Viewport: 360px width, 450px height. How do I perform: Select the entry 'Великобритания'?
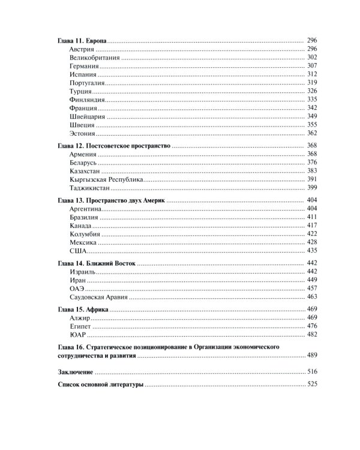(x=95, y=57)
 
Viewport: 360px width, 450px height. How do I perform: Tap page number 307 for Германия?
(x=311, y=65)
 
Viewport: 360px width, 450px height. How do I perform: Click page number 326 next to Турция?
(x=311, y=91)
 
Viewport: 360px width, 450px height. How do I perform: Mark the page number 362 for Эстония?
(x=311, y=133)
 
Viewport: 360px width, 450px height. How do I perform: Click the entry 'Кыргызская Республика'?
(x=106, y=179)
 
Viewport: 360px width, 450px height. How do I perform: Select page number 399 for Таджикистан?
(x=311, y=188)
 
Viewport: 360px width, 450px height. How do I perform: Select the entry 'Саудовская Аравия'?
(x=99, y=296)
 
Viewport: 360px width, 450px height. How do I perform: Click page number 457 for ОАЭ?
(x=311, y=288)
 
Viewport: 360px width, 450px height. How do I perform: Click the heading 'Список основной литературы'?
(x=100, y=385)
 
